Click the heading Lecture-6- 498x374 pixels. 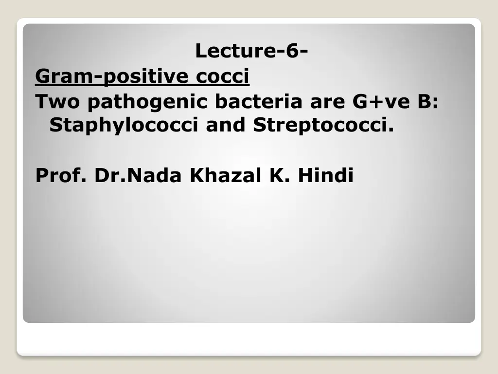pos(251,51)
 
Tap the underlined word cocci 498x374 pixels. pos(222,76)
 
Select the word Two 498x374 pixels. pos(57,101)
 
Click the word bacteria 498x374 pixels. pos(259,101)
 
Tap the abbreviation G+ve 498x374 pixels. pos(381,101)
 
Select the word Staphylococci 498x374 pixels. pos(124,125)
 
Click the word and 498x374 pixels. pos(226,124)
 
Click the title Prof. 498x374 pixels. pos(61,175)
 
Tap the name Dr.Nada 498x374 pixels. pos(138,175)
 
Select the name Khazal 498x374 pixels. pos(226,175)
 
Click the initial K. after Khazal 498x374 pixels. pos(280,175)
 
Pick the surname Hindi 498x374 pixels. pos(325,175)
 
